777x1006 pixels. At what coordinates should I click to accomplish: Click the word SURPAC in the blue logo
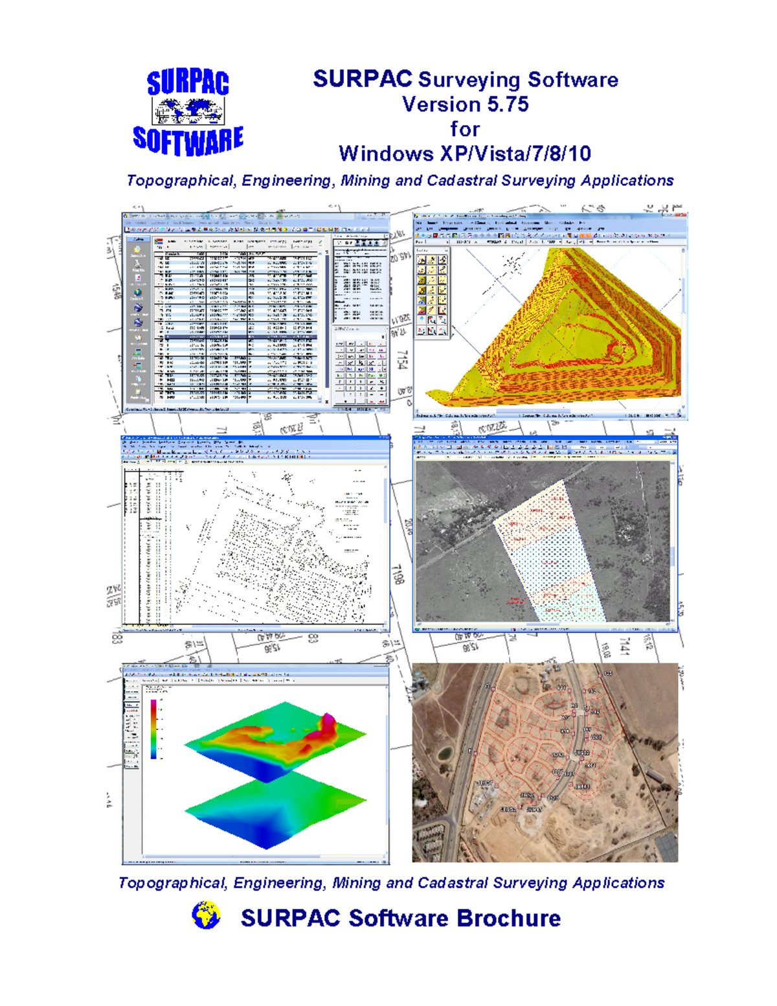188,83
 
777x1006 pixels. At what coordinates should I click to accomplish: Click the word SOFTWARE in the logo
188,140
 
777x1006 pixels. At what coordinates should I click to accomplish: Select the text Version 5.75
465,104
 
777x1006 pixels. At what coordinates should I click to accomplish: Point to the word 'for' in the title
465,129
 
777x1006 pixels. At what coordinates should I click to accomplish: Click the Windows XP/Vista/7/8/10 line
465,154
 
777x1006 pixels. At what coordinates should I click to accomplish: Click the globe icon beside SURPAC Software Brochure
206,916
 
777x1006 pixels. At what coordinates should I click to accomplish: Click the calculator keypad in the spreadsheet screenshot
359,372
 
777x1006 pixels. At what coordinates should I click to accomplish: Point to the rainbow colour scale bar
153,728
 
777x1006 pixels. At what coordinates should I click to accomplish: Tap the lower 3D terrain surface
275,813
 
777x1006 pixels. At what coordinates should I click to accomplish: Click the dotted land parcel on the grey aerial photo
550,557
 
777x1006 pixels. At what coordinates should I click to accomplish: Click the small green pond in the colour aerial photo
444,753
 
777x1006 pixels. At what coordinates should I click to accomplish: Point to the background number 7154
401,361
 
